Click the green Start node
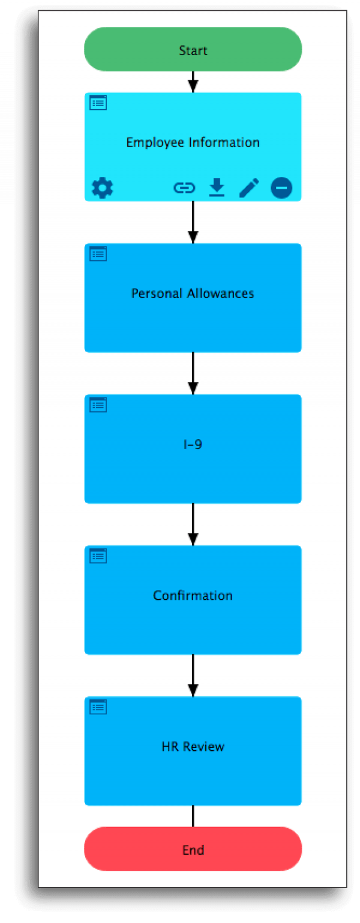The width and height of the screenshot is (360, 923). pyautogui.click(x=193, y=49)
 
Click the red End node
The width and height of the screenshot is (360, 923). pyautogui.click(x=193, y=849)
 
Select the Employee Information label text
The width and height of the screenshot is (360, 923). pyautogui.click(x=193, y=143)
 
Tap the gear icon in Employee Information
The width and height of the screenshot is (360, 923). pyautogui.click(x=102, y=188)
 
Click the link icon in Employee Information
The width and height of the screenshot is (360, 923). pyautogui.click(x=184, y=188)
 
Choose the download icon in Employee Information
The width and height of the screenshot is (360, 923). pyautogui.click(x=217, y=188)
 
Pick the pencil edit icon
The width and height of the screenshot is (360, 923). pyautogui.click(x=249, y=188)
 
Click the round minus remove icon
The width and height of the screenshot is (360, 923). pyautogui.click(x=281, y=188)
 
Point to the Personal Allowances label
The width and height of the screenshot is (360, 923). pyautogui.click(x=193, y=293)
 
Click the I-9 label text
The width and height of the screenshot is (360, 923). pyautogui.click(x=193, y=444)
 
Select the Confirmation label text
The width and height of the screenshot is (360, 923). pyautogui.click(x=193, y=596)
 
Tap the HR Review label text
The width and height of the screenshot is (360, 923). pyautogui.click(x=193, y=746)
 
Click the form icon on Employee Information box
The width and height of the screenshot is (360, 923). pyautogui.click(x=98, y=103)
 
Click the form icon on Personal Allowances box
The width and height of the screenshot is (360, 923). pyautogui.click(x=98, y=254)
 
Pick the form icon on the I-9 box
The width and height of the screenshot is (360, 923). pyautogui.click(x=98, y=405)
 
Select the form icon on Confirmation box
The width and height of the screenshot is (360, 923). pyautogui.click(x=98, y=556)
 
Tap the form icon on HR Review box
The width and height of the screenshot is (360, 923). pyautogui.click(x=98, y=707)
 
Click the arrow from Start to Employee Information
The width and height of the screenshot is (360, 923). pyautogui.click(x=193, y=82)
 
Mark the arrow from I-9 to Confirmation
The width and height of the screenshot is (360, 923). pyautogui.click(x=193, y=525)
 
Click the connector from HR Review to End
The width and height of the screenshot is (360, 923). pyautogui.click(x=193, y=816)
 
